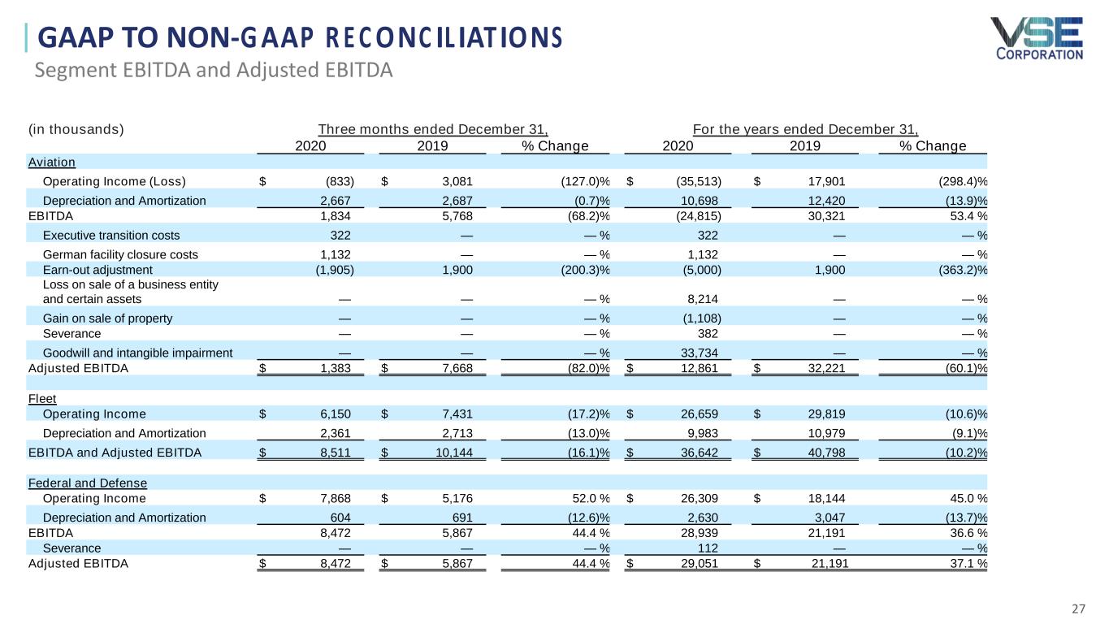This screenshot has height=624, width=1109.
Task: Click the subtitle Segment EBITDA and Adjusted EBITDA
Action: point(214,71)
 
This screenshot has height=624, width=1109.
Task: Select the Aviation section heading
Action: point(52,162)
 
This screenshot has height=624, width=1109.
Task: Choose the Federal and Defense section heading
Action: point(88,483)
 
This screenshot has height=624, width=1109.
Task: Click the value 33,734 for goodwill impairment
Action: point(700,353)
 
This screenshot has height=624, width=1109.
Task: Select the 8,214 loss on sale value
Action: point(704,298)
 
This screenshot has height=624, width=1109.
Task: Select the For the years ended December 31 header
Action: point(805,129)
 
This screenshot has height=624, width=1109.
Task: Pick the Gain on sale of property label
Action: point(107,318)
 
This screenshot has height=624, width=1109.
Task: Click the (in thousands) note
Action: point(76,129)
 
